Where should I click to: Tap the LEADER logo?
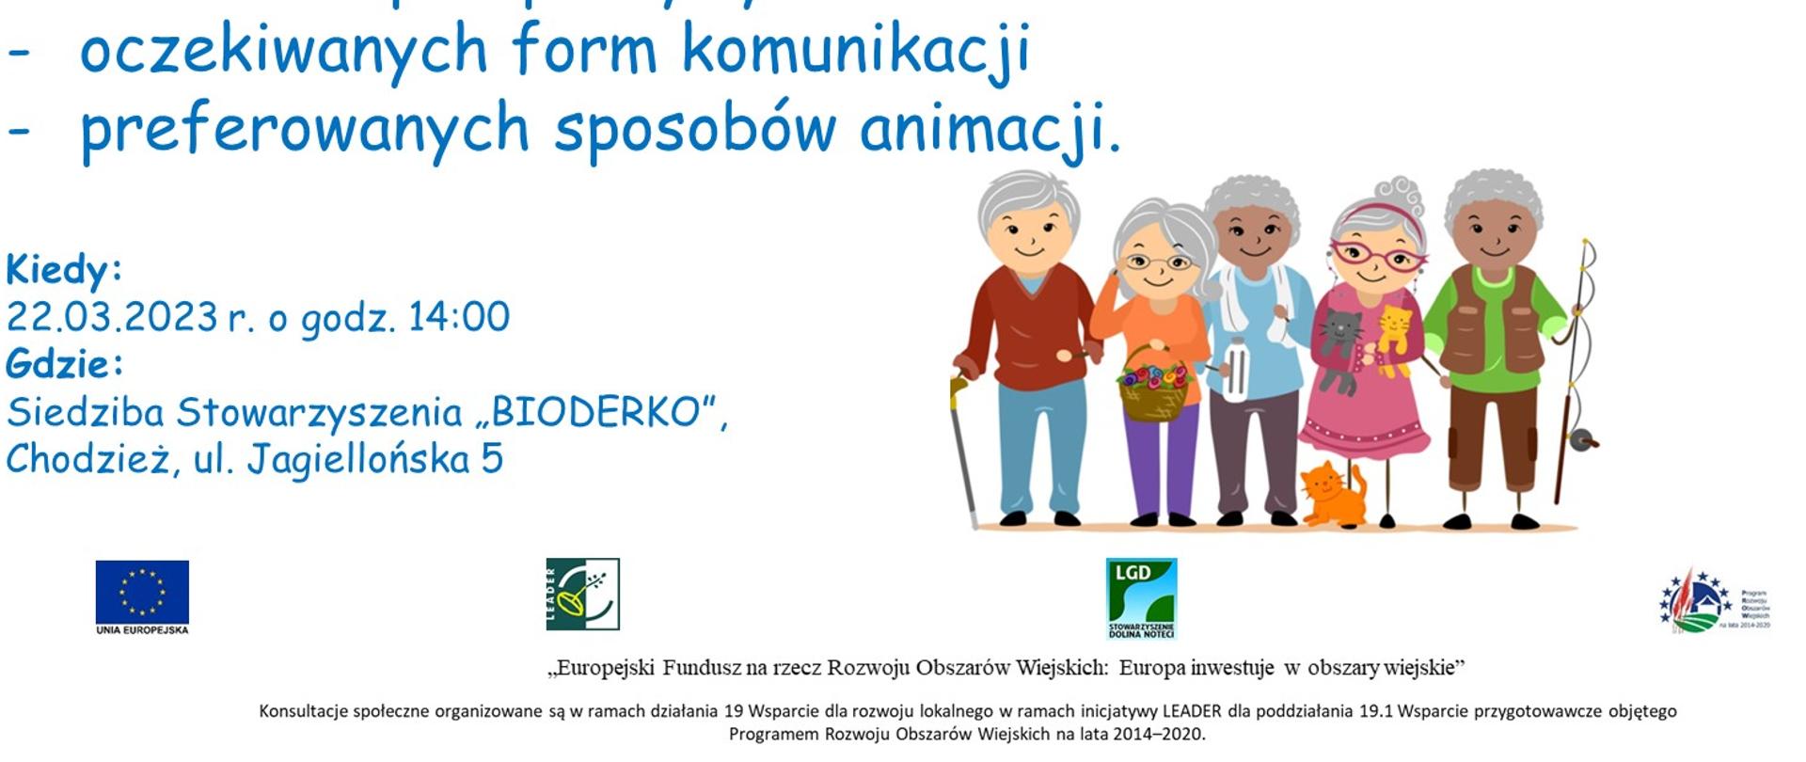tap(582, 594)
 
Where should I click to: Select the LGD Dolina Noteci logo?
tap(1141, 598)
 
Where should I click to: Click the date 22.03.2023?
tap(112, 317)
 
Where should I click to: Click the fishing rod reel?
tap(1582, 438)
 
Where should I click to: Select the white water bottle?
tap(1235, 369)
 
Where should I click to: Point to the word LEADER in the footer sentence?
tap(1192, 711)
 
